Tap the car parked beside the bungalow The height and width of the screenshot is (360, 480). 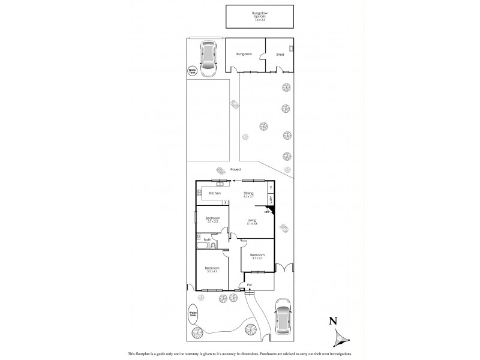[x=208, y=58]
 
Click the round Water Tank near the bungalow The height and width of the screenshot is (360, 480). [x=193, y=71]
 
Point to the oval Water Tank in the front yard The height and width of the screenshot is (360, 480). [x=193, y=314]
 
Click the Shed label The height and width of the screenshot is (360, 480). [x=280, y=54]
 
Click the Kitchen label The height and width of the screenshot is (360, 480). [x=215, y=193]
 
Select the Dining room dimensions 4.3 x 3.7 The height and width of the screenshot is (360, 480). [x=249, y=196]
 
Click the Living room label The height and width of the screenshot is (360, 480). [x=251, y=220]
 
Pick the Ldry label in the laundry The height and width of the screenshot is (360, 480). [x=271, y=200]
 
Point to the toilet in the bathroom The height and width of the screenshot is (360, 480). [x=213, y=245]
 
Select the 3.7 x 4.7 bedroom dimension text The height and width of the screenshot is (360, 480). [x=212, y=272]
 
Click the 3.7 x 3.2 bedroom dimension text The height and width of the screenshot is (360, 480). [x=212, y=221]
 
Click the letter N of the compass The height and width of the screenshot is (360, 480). [x=332, y=322]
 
